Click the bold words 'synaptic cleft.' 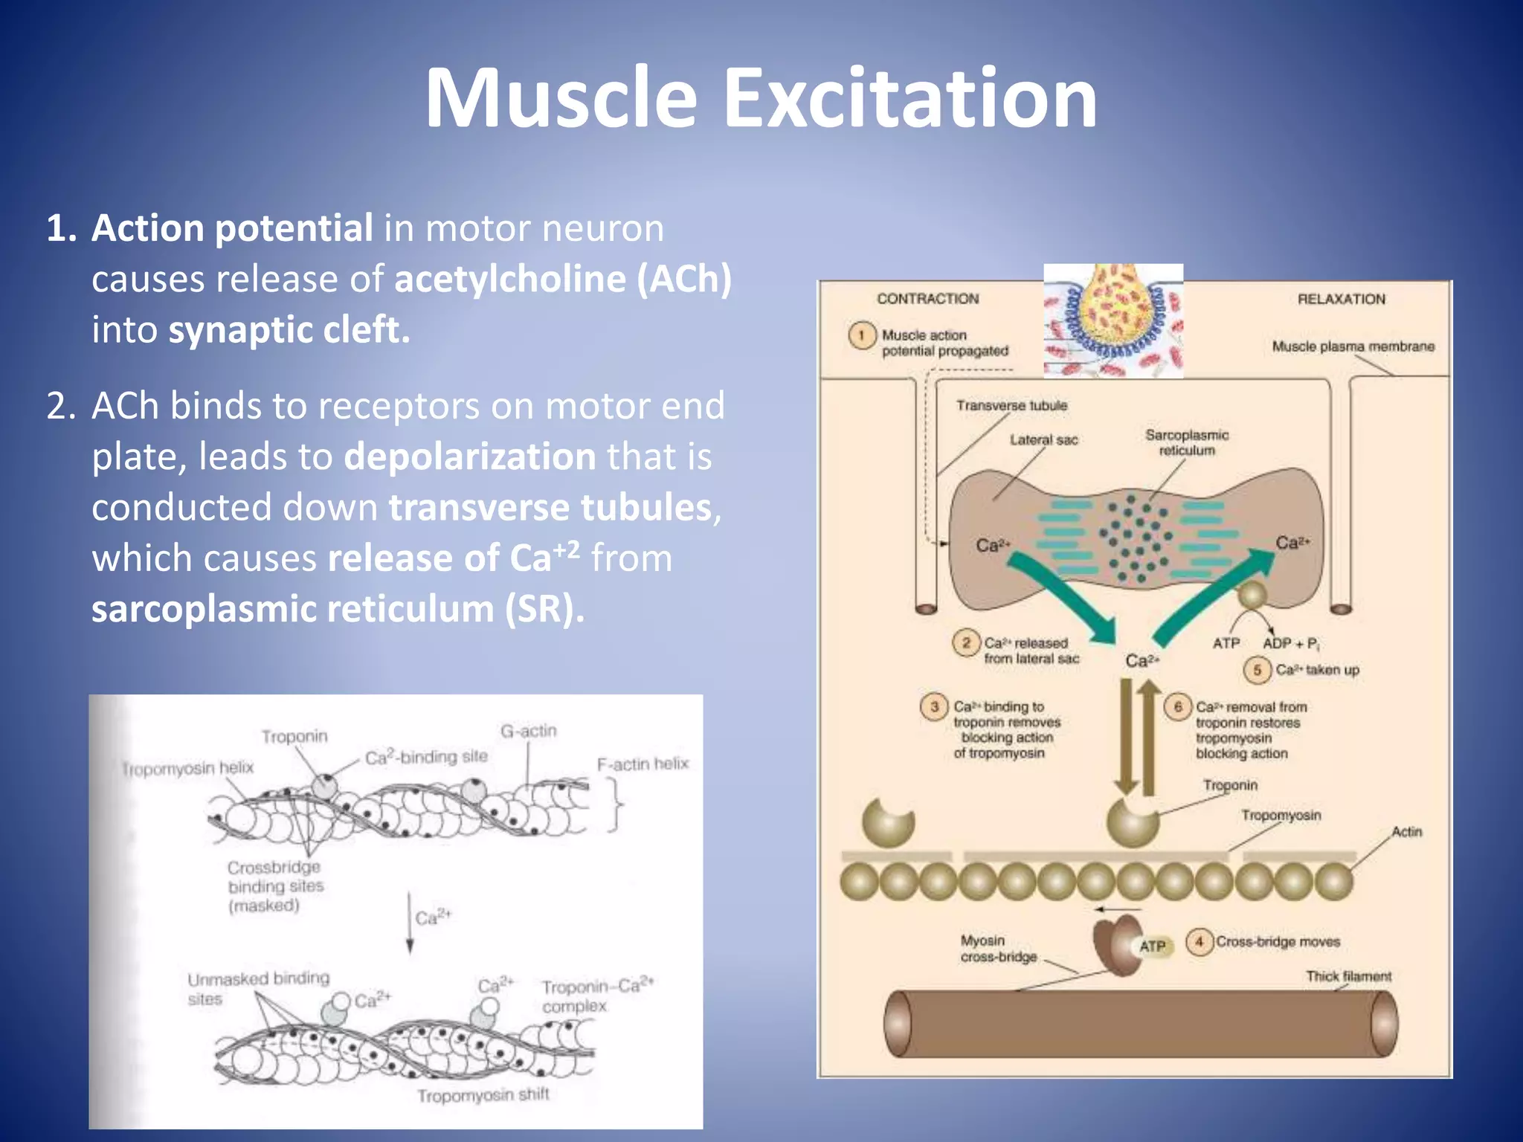tap(289, 330)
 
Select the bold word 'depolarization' tap(470, 457)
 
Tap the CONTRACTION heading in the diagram tap(927, 299)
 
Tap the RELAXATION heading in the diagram tap(1341, 299)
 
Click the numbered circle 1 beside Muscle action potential tap(861, 335)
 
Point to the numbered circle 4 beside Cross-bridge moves tap(1199, 942)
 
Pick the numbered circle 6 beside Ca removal tap(1177, 706)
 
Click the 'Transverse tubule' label tap(1011, 406)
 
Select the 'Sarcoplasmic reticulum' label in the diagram tap(1186, 442)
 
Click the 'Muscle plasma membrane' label tap(1353, 346)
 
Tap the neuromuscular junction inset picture tap(1113, 321)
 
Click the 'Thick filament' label tap(1348, 976)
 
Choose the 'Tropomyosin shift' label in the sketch tap(483, 1095)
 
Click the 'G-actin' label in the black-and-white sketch tap(528, 732)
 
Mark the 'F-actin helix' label tap(643, 764)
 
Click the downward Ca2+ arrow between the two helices tap(410, 922)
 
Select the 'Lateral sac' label tap(1043, 440)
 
